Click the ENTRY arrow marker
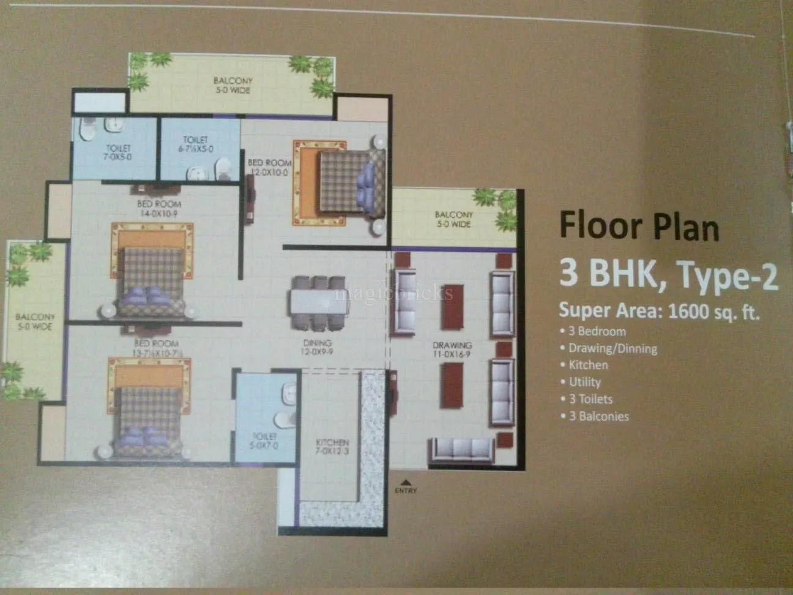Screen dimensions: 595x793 (x=405, y=482)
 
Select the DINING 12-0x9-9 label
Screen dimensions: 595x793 (x=317, y=347)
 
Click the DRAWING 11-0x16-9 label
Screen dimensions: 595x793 (x=452, y=350)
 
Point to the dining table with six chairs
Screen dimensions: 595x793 (x=318, y=304)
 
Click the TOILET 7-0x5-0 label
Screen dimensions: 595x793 (x=118, y=152)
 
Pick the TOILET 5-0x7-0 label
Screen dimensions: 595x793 (x=264, y=441)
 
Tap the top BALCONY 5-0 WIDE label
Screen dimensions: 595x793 (x=233, y=85)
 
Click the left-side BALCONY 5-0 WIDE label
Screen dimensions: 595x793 (x=35, y=321)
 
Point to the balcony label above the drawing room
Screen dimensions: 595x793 (x=453, y=219)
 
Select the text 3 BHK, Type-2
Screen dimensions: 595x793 (x=668, y=274)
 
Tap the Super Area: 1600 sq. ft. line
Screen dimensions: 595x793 (x=658, y=311)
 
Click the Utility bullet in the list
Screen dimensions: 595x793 (x=584, y=382)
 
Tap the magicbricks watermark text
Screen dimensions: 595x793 (x=394, y=293)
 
